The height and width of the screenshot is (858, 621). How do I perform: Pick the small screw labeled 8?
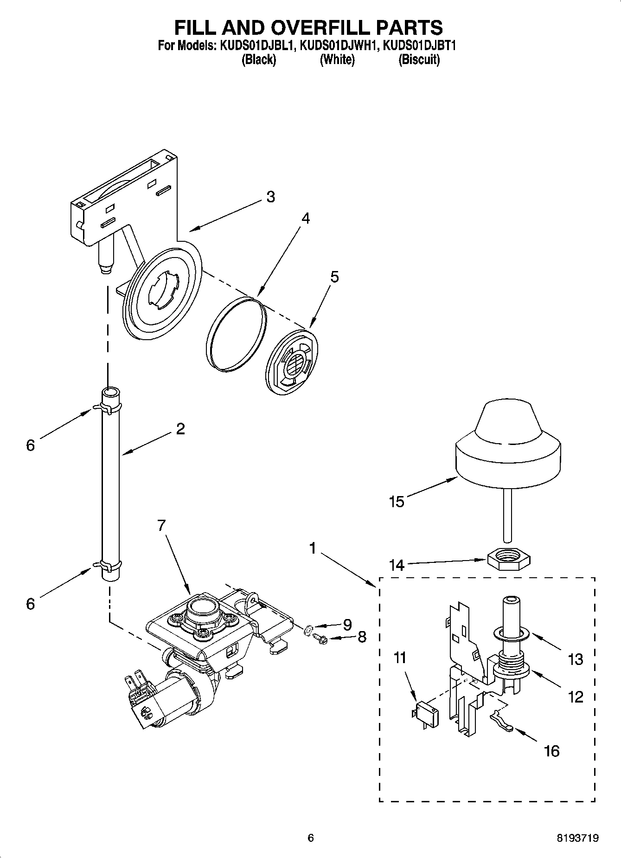pos(320,638)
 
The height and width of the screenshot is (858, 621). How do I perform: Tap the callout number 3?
pos(270,197)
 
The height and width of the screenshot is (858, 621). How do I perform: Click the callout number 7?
pos(161,525)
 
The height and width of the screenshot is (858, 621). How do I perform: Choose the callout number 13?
pos(575,659)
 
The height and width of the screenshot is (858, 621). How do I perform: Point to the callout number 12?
pos(575,697)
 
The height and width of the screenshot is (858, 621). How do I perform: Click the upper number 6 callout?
pos(30,445)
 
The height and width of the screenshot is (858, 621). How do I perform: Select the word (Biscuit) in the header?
pos(419,59)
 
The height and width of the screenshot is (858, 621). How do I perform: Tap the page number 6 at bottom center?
pos(311,838)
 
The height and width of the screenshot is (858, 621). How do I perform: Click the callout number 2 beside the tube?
pos(180,428)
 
